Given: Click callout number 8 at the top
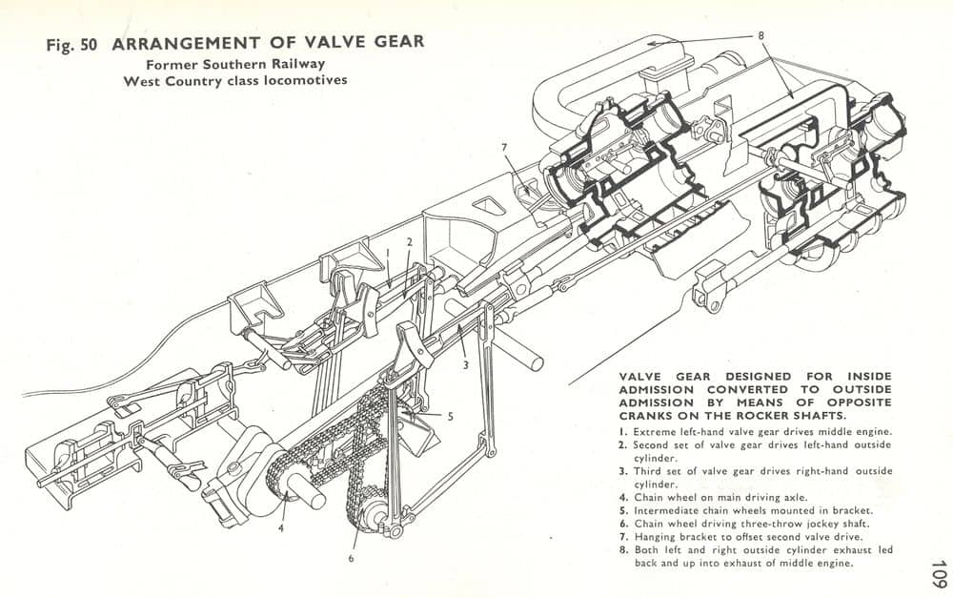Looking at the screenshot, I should (760, 35).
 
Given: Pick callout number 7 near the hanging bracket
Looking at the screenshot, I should (506, 146).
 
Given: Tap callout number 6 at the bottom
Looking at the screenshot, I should (351, 558).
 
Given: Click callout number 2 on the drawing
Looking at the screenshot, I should (407, 242).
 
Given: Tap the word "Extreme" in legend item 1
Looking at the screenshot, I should (655, 431).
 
